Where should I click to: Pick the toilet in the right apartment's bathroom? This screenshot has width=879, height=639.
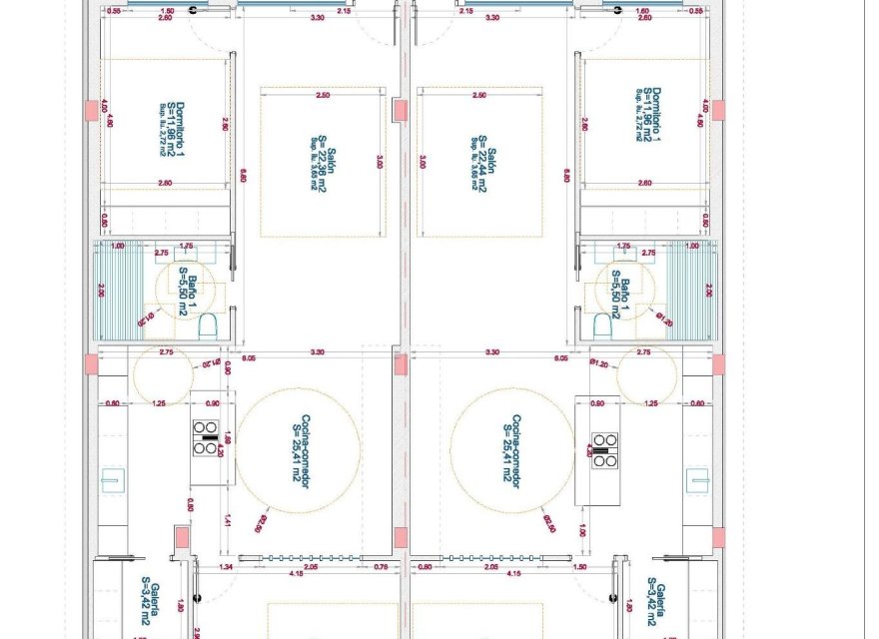pos(602,325)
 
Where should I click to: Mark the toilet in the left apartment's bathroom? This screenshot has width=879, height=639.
pos(209,325)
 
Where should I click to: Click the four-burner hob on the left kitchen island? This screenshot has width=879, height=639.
pos(206,438)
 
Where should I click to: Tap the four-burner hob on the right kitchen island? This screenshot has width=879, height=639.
pos(604,449)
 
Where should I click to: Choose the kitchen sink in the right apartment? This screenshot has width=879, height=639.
pos(699,480)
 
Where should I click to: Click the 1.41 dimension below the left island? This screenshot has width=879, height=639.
pos(228,519)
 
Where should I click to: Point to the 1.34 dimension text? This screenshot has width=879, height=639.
pos(228,567)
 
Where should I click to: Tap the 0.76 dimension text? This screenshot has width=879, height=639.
pos(380,567)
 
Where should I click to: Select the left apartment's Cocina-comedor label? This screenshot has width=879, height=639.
pos(299,450)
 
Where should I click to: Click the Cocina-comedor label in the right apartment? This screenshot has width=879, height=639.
pos(513,450)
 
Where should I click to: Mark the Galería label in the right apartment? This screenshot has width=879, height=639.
pos(654,599)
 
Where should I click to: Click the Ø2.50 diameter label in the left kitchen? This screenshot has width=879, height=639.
pos(263,520)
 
